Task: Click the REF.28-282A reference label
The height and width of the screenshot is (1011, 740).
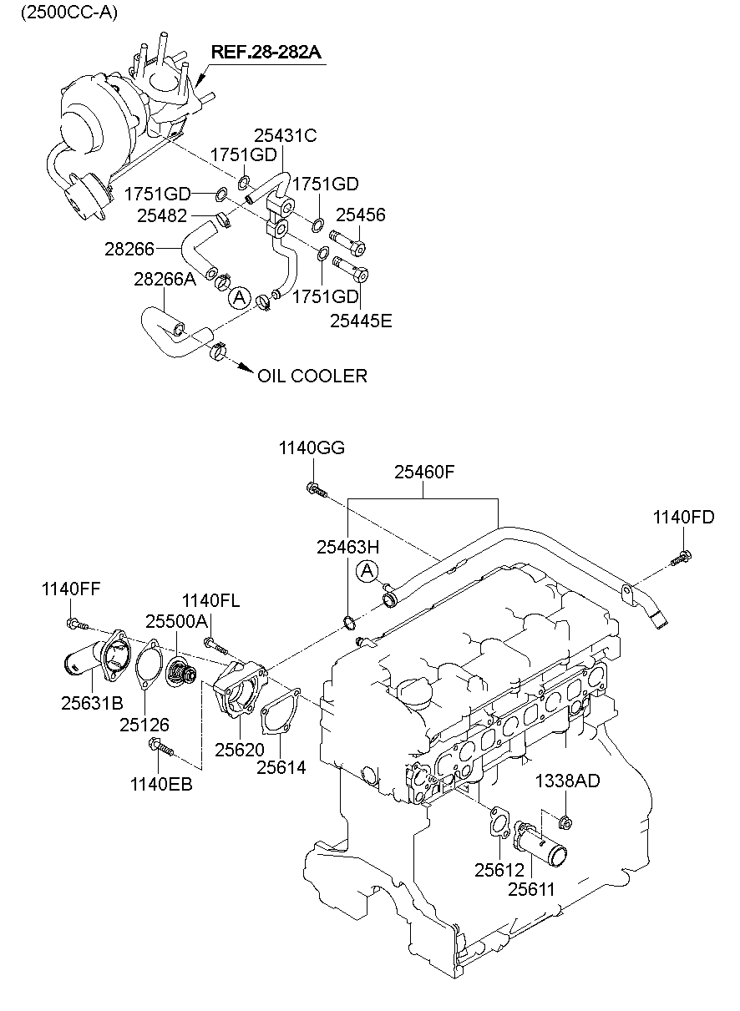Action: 266,53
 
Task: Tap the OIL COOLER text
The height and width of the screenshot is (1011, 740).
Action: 312,376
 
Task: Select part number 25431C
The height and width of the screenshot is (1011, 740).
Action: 286,135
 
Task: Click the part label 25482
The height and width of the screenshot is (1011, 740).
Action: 162,215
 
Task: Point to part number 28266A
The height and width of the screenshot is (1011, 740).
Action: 165,279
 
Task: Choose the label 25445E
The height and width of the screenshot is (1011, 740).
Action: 361,321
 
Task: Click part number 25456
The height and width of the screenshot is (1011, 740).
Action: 361,215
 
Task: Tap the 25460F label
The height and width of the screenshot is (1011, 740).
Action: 424,472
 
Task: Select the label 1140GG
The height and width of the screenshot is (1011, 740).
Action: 312,447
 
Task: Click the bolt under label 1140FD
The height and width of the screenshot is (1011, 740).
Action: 682,558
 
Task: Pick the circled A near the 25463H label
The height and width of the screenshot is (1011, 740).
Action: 367,571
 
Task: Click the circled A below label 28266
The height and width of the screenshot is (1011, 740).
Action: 240,297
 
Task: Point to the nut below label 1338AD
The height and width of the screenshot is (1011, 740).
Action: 565,823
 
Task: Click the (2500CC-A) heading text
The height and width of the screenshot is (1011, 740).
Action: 69,13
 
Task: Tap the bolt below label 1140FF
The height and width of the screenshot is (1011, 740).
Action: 77,624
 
